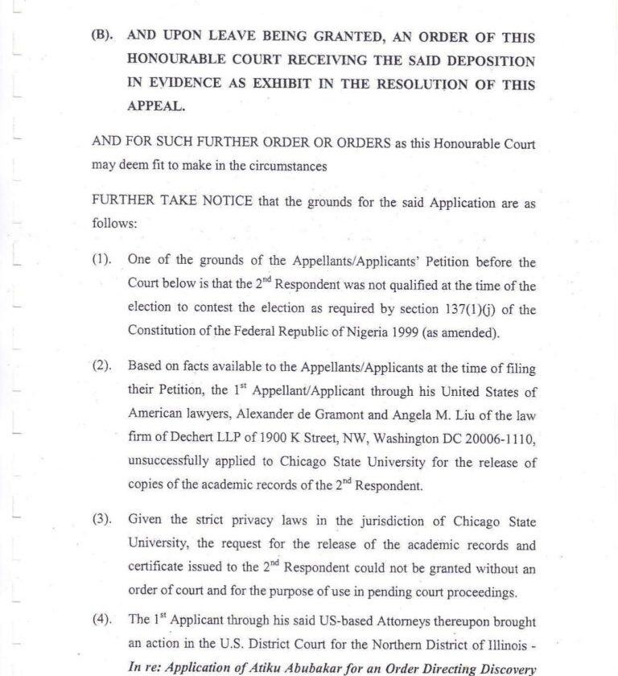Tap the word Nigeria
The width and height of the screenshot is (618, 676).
pos(373,332)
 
